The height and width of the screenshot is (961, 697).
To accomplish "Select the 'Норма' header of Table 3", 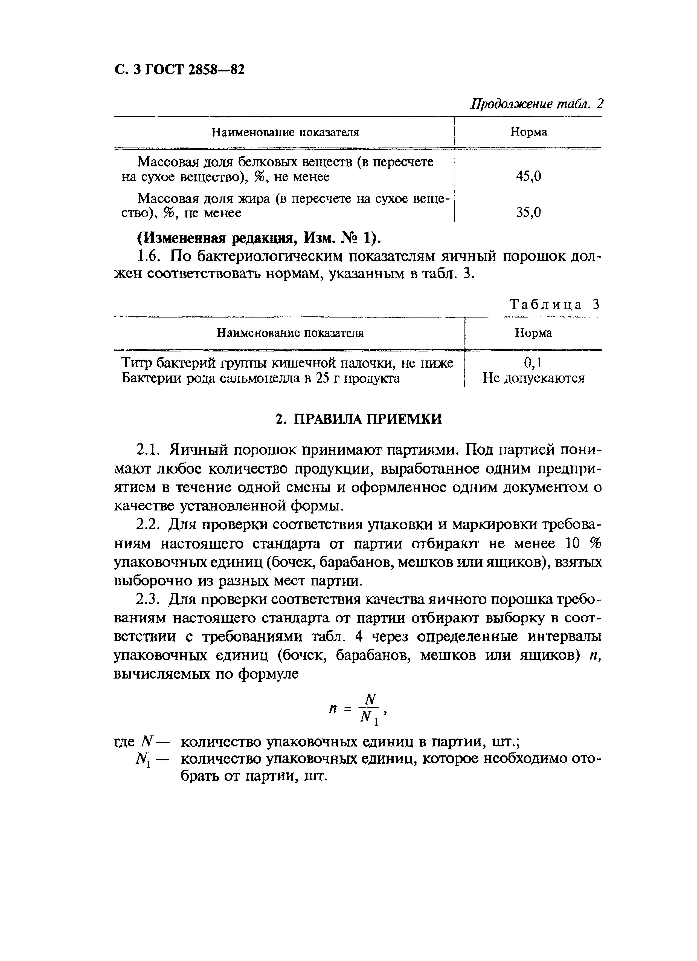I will (533, 333).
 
